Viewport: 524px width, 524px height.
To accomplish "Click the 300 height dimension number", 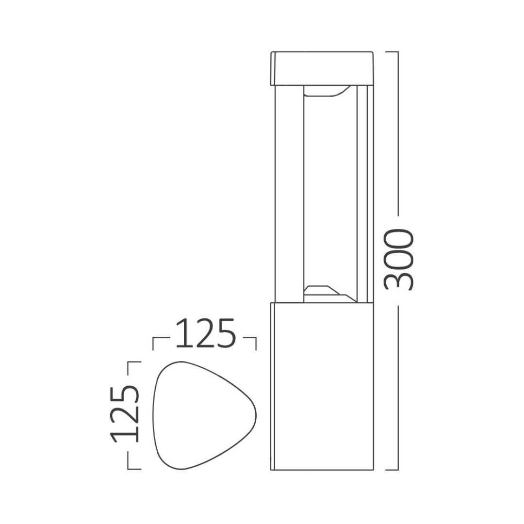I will [x=399, y=260].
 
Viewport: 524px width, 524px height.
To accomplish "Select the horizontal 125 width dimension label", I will [x=205, y=333].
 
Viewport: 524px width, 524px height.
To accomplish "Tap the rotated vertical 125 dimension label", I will [x=125, y=415].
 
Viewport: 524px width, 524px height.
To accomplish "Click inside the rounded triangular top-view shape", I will [x=199, y=415].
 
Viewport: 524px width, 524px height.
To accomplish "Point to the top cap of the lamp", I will [x=322, y=68].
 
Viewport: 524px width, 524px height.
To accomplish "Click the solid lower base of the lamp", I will [x=322, y=386].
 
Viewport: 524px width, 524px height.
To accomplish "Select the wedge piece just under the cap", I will [x=326, y=91].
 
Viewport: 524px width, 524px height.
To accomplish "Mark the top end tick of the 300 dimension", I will [x=392, y=51].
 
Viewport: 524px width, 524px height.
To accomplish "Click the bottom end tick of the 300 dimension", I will [x=392, y=470].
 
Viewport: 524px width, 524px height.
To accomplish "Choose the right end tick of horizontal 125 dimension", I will [x=256, y=343].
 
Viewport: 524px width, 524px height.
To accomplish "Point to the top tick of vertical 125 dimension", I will [x=134, y=362].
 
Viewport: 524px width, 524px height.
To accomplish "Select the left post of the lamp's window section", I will [x=288, y=194].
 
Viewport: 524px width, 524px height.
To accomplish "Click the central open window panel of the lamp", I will [x=330, y=194].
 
